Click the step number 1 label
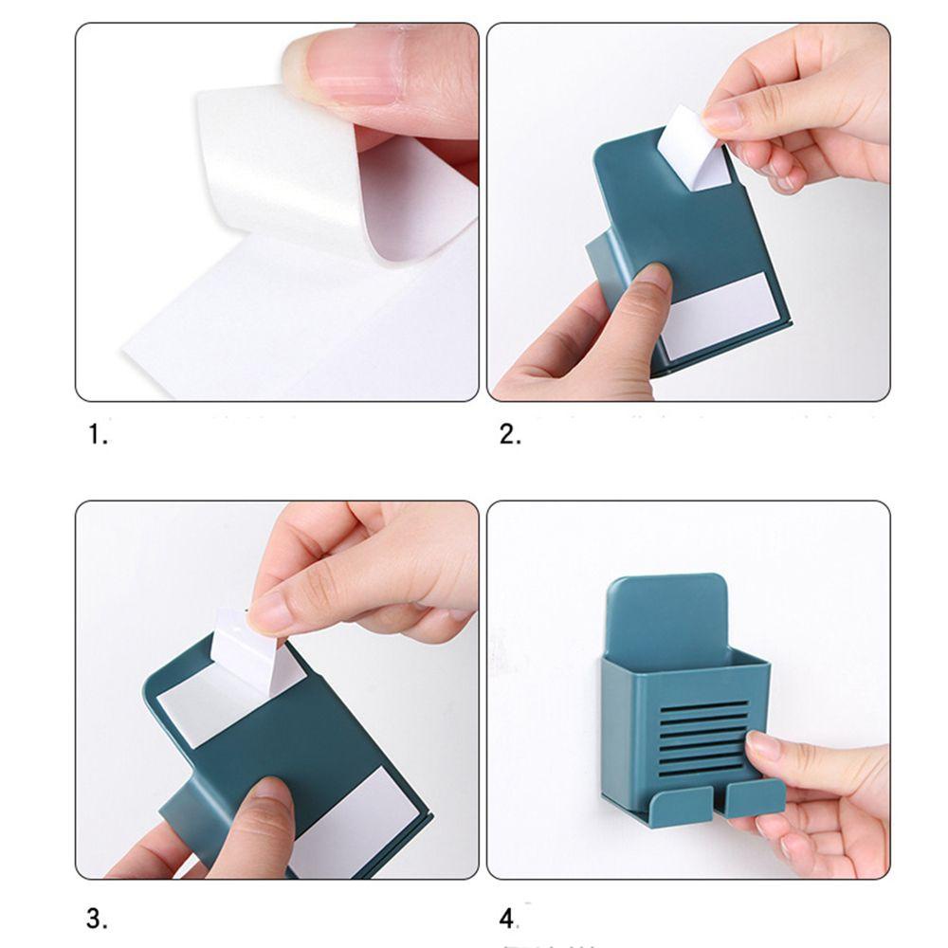click(x=99, y=435)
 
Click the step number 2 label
click(x=510, y=435)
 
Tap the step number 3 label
click(x=98, y=918)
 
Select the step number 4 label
click(x=509, y=918)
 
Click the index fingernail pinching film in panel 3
click(x=270, y=611)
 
